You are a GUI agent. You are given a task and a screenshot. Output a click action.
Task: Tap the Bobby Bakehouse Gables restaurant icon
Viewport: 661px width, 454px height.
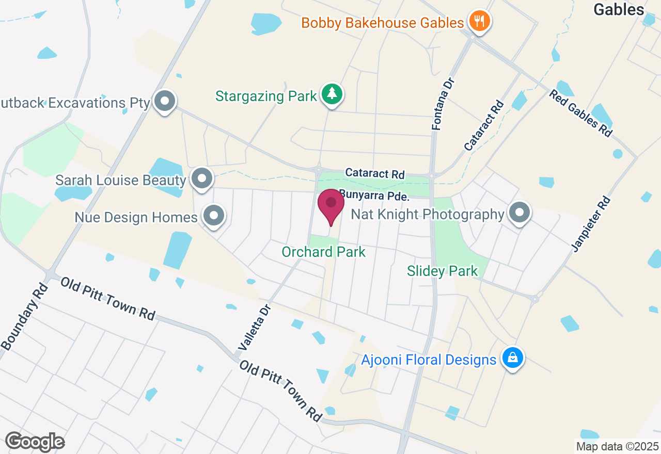coord(479,22)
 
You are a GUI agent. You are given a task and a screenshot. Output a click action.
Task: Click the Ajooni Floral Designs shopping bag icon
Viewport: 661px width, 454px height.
coord(512,358)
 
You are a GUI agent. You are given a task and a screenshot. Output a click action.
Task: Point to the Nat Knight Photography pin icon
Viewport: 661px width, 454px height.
coord(520,213)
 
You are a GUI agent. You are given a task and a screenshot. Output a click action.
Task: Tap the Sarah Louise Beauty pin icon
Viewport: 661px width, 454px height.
coord(202,179)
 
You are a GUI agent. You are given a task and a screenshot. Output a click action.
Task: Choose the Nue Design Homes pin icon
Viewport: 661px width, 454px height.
coord(213,216)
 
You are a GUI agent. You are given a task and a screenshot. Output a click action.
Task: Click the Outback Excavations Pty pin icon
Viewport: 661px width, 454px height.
coord(165,101)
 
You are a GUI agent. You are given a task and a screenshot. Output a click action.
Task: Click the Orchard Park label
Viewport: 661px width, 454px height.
coord(323,252)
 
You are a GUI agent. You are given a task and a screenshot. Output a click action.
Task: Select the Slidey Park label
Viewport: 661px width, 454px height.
coord(442,271)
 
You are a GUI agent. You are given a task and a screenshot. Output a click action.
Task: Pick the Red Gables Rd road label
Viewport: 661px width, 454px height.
coord(580,113)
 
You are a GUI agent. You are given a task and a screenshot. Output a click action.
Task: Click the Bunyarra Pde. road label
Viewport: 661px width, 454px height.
coord(374,197)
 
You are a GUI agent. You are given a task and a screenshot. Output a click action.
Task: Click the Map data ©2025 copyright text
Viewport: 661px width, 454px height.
coord(617,446)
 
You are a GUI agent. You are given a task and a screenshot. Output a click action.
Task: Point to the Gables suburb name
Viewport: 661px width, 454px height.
coord(619,9)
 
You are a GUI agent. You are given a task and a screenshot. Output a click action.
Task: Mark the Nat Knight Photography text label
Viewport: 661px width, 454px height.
coord(427,214)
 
